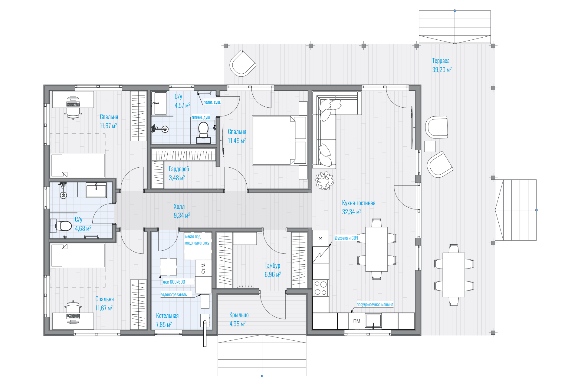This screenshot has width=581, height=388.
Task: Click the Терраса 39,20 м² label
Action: (x=442, y=65)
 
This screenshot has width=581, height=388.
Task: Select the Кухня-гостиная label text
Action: (x=359, y=203)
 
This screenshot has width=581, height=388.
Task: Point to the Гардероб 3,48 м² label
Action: (x=179, y=173)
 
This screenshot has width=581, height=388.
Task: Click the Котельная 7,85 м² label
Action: (x=167, y=320)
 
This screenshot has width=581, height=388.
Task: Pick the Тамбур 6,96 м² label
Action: (x=273, y=270)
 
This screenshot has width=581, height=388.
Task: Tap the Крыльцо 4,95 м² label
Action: (x=239, y=319)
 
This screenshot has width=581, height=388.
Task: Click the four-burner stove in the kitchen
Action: (x=320, y=288)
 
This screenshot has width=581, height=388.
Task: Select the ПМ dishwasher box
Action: (x=357, y=321)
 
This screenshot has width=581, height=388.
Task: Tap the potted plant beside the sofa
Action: (x=324, y=180)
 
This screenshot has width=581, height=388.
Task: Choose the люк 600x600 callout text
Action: (x=174, y=282)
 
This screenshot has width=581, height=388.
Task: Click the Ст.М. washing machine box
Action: (x=203, y=268)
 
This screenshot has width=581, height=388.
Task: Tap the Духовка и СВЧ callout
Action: (x=346, y=238)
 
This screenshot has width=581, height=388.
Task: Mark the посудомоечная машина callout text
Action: (x=375, y=305)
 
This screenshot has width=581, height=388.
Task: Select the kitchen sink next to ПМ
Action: (x=373, y=321)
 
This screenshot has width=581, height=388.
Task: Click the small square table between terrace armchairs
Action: (x=430, y=146)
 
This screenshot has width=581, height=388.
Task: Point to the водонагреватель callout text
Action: (x=174, y=295)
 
